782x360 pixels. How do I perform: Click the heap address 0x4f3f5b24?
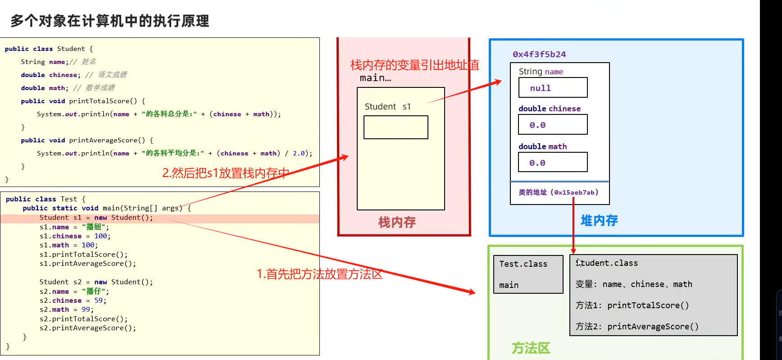point(539,55)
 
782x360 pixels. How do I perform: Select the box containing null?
point(553,87)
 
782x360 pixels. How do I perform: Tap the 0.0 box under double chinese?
point(553,124)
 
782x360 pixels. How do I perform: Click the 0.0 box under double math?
point(553,162)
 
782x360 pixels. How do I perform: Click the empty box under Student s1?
point(396,128)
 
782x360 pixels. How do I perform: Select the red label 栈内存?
point(397,222)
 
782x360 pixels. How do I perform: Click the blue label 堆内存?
point(599,221)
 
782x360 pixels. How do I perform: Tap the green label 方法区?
point(531,348)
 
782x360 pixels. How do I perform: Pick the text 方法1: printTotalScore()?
point(632,305)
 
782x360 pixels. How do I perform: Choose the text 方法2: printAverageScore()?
point(637,327)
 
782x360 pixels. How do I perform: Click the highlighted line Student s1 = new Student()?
point(96,218)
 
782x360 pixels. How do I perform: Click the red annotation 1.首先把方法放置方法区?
point(319,274)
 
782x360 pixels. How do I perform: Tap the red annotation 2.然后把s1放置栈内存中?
point(226,173)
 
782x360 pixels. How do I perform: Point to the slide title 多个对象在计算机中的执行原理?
point(110,21)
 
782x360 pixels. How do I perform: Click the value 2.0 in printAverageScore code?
point(299,153)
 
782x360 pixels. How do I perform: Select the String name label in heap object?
point(541,72)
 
